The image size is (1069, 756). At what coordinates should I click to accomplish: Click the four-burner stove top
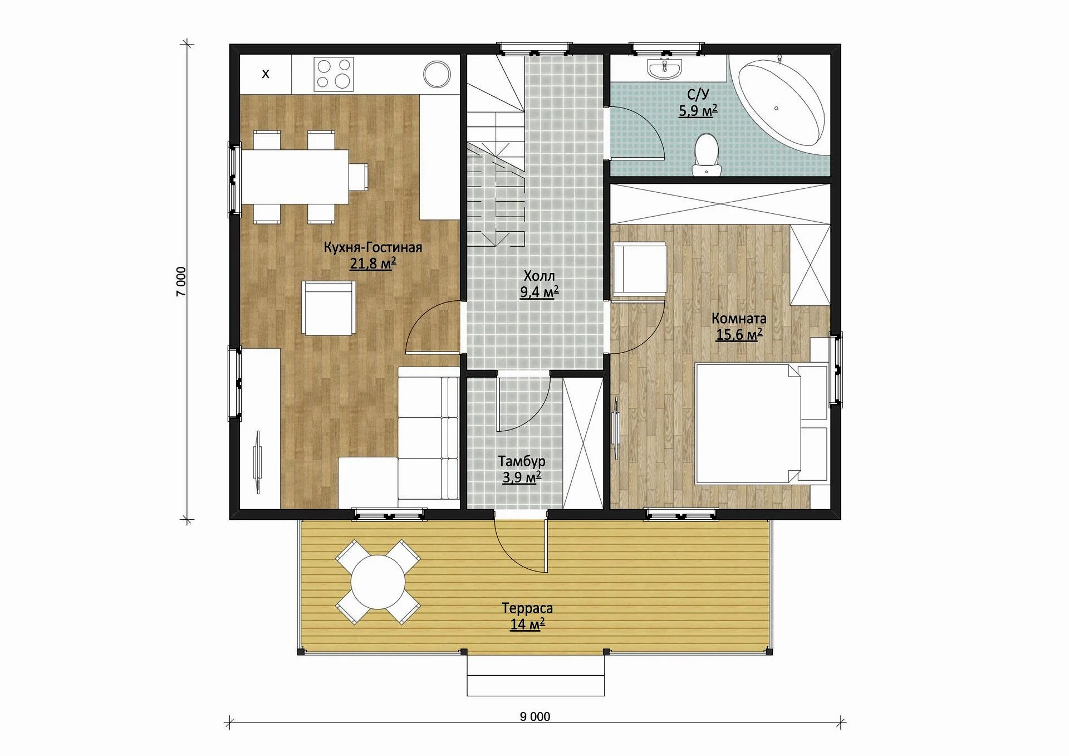(334, 74)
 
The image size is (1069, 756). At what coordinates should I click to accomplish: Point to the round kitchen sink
(437, 74)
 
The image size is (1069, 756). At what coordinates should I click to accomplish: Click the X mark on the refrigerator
(266, 74)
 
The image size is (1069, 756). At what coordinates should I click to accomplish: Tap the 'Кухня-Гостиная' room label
(373, 247)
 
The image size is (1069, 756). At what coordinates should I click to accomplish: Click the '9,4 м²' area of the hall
(539, 291)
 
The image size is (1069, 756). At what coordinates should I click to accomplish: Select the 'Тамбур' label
(522, 461)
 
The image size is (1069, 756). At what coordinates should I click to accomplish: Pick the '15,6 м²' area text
(739, 334)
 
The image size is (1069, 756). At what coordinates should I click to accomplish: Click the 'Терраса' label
(527, 608)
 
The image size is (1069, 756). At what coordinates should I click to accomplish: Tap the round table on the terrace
(378, 582)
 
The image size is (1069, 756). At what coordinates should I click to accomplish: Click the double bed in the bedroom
(761, 423)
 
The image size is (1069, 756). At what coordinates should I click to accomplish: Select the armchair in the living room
(329, 308)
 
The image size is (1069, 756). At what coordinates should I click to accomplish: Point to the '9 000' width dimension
(535, 716)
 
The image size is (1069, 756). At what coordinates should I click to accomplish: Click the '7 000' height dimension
(182, 281)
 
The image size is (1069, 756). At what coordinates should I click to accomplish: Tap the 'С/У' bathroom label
(698, 94)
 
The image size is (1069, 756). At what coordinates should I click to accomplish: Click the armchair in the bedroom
(640, 269)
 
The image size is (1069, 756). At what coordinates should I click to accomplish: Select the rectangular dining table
(295, 177)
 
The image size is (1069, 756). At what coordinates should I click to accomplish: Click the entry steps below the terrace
(536, 675)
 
